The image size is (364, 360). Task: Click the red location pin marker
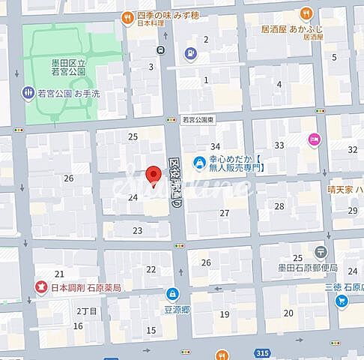154,175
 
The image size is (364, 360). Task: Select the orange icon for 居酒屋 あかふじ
306,13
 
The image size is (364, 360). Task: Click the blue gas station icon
190,53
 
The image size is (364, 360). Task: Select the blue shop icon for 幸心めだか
199,161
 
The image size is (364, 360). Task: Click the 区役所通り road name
176,182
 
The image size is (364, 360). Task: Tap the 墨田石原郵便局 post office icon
321,251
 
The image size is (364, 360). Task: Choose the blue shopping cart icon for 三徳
342,301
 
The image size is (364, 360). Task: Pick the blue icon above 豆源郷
173,293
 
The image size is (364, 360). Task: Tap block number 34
215,146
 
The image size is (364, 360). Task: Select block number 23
137,230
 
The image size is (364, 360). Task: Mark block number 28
279,205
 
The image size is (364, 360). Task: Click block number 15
151,330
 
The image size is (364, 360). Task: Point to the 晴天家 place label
345,190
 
